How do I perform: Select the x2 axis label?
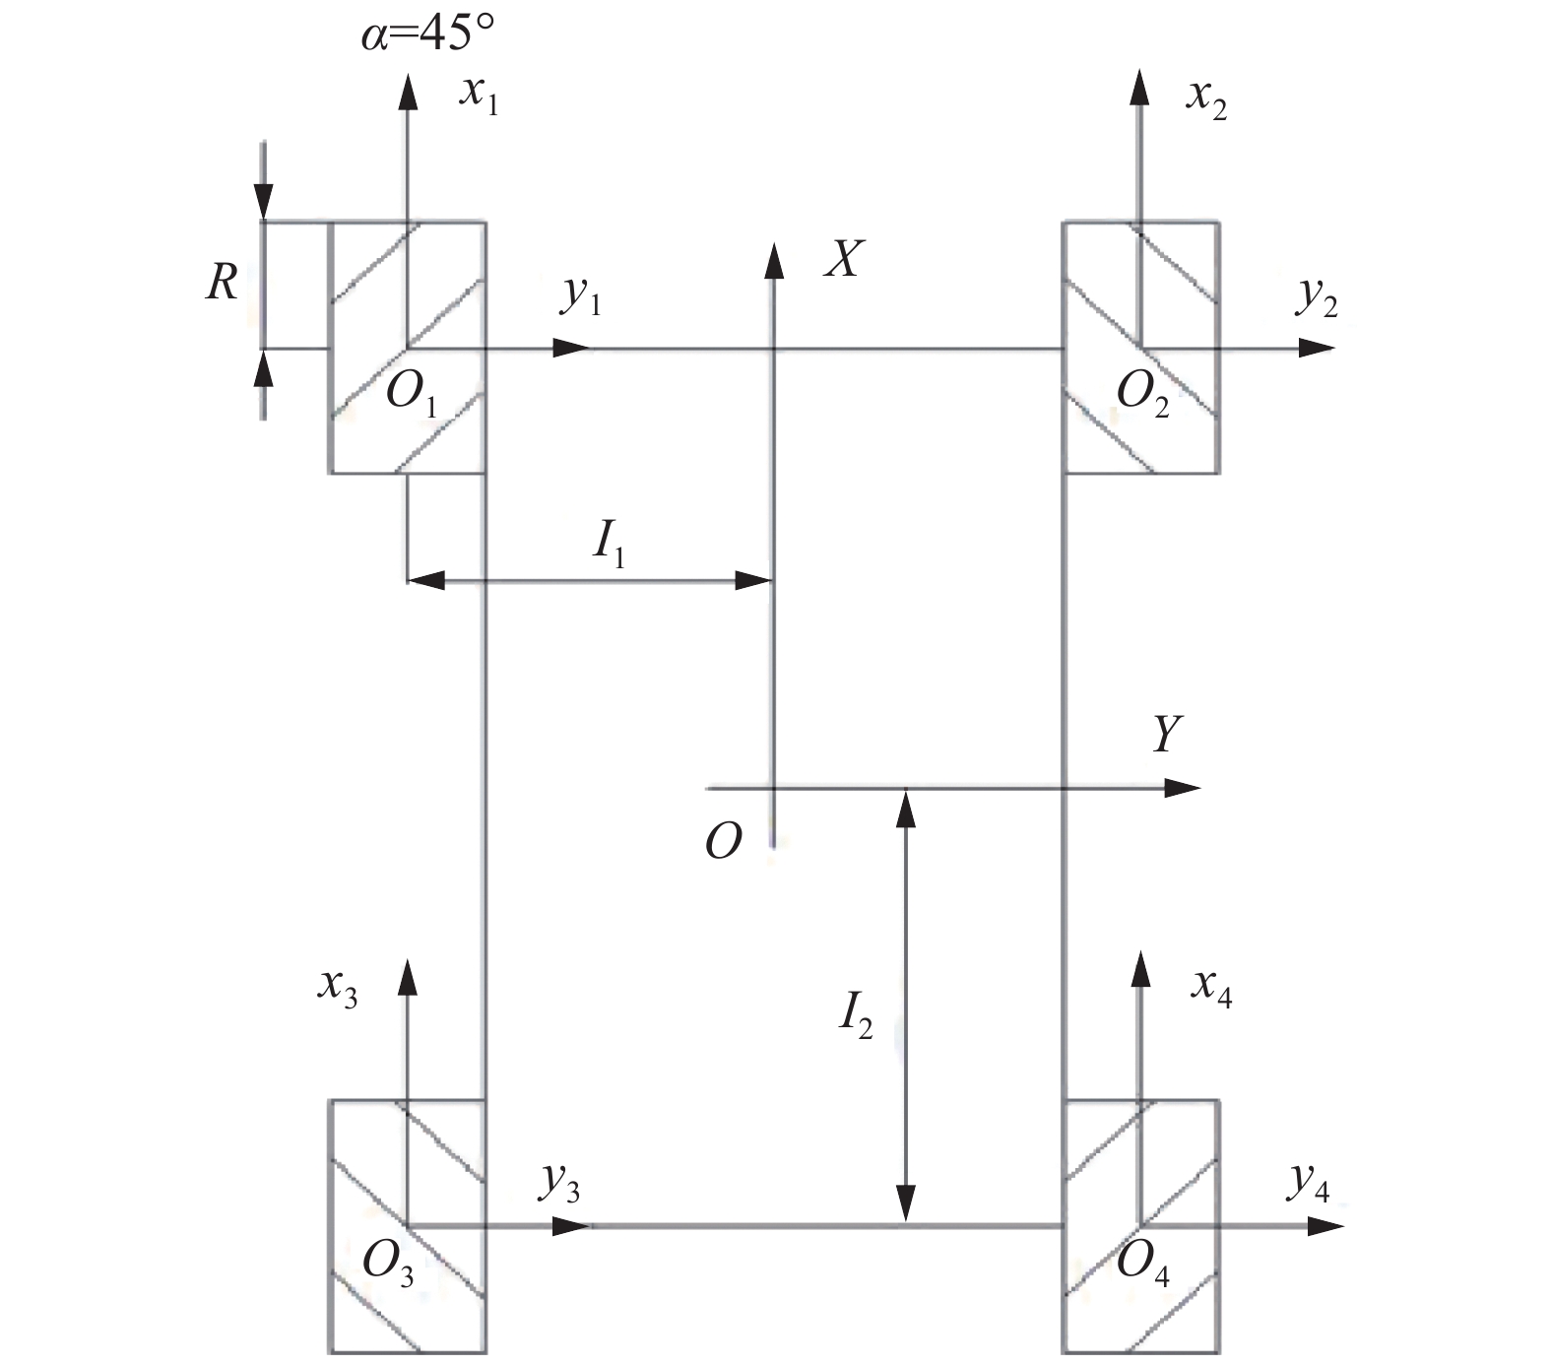pyautogui.click(x=1206, y=99)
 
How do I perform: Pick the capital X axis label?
pyautogui.click(x=844, y=260)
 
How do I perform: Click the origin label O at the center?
pyautogui.click(x=723, y=842)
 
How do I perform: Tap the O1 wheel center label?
pyautogui.click(x=411, y=394)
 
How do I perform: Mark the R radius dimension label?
pyautogui.click(x=222, y=284)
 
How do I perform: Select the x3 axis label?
pyautogui.click(x=337, y=986)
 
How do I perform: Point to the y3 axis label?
pyautogui.click(x=558, y=1182)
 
